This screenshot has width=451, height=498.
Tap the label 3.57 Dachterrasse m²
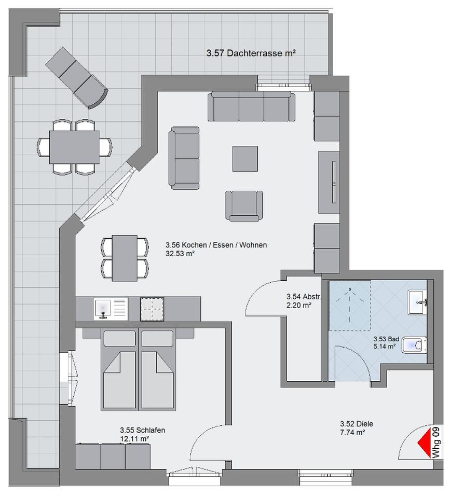point(251,53)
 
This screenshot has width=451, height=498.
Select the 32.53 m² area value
point(180,254)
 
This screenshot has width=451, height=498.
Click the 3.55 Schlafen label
point(142,430)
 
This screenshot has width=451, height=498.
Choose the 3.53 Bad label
point(386,339)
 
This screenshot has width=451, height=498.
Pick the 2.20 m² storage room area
point(299,305)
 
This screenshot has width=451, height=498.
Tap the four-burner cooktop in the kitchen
point(152,309)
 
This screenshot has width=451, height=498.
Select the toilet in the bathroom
point(415,345)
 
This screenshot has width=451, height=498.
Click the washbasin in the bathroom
point(417,302)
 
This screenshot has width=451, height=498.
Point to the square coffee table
point(245,159)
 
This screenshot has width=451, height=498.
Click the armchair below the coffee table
point(244,206)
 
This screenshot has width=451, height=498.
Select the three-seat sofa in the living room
point(251,107)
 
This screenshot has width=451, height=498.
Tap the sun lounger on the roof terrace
point(77,78)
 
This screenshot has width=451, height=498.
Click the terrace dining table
point(74,147)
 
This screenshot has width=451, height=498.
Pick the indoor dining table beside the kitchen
point(125,258)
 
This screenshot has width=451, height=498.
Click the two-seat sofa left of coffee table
point(184,158)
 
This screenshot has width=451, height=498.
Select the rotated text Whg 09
point(436,442)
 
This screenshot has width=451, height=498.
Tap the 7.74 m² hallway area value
point(352,432)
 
